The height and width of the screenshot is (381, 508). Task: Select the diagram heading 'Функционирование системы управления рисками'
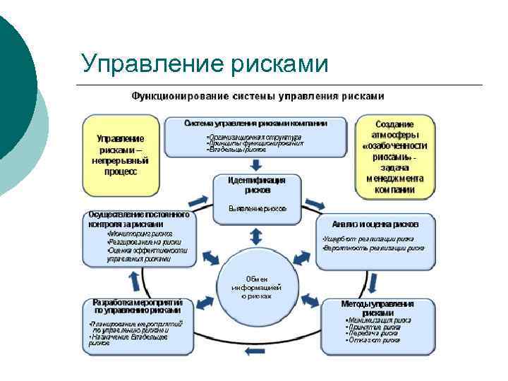coord(258,95)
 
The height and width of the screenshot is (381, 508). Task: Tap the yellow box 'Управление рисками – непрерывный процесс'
coord(120,155)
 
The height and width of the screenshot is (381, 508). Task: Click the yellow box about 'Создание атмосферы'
coord(394,155)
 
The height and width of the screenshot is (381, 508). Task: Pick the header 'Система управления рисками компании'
coord(255,123)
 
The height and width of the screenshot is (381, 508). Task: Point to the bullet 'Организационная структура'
coord(254,136)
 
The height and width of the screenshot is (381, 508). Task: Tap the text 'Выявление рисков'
coord(257,209)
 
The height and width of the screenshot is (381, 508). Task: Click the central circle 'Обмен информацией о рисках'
coord(256,287)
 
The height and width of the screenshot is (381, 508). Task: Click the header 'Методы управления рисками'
coord(377,308)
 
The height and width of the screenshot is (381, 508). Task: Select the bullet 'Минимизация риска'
coord(375,320)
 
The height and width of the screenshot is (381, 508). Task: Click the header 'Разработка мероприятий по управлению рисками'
coord(137,306)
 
